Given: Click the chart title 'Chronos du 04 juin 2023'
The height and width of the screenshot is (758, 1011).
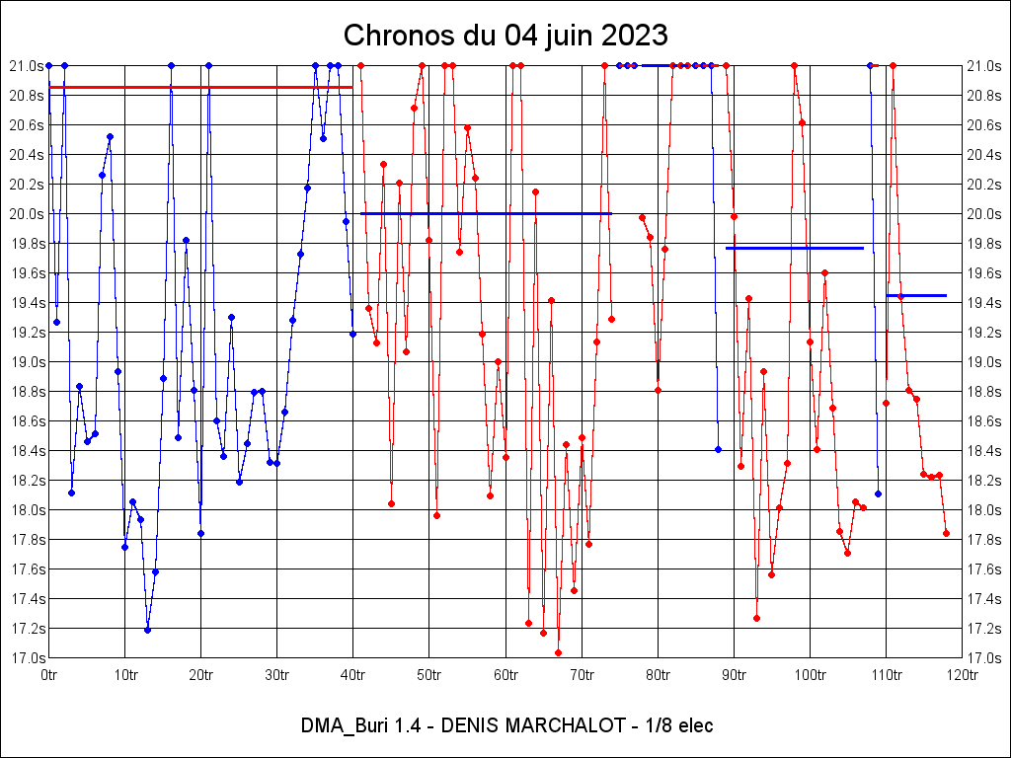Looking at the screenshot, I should (x=505, y=36).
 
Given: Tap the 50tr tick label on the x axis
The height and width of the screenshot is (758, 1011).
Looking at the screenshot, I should (x=429, y=675).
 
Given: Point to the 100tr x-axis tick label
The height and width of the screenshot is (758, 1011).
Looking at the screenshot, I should (x=810, y=675).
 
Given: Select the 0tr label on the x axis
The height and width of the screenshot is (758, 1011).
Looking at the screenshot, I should (x=49, y=675).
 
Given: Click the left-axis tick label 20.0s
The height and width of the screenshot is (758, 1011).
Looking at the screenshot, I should (x=25, y=213).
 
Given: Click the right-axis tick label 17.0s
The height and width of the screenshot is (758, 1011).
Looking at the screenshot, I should (x=985, y=657).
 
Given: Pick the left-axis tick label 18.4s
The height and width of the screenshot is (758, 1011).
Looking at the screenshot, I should (x=25, y=450).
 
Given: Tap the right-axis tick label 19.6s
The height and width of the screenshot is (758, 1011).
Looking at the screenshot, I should (x=985, y=272).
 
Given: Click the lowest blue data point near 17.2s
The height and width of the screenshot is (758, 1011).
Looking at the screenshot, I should (x=147, y=630).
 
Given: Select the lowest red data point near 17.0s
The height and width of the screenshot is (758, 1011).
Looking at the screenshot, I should (x=558, y=652).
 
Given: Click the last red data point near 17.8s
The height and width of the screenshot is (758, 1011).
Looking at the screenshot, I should (x=946, y=533).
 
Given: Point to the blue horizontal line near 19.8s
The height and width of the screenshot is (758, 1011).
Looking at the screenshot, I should (x=795, y=248).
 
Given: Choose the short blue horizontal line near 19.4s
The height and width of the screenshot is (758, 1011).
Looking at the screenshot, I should (x=916, y=295).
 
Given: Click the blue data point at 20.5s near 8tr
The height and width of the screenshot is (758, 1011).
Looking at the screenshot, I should (x=110, y=136).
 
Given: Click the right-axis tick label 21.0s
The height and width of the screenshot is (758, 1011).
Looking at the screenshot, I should (x=985, y=65).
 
